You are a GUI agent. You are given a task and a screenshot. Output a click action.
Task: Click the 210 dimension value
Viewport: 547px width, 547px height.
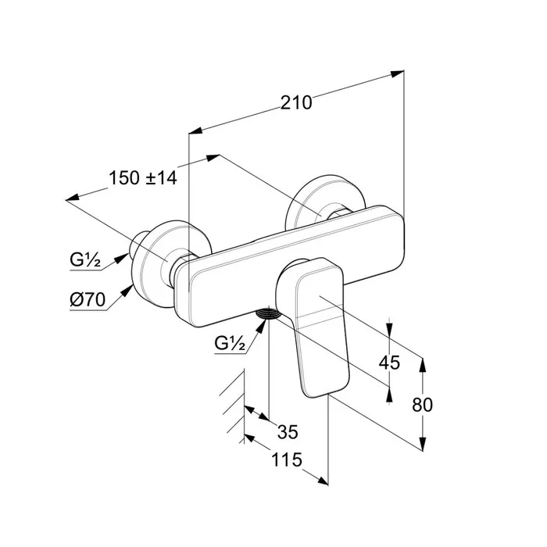(296, 103)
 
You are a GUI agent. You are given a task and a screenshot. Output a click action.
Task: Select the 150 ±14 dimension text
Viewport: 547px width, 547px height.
(143, 177)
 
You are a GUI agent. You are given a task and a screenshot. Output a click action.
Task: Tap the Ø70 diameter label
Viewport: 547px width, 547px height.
(88, 299)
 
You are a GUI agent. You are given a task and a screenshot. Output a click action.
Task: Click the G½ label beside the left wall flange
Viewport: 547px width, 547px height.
(85, 259)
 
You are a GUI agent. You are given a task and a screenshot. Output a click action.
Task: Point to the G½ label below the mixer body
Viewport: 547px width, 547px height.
(230, 343)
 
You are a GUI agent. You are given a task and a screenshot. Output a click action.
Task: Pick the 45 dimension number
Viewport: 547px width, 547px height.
(389, 363)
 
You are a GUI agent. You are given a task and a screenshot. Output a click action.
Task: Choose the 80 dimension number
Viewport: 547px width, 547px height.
(422, 405)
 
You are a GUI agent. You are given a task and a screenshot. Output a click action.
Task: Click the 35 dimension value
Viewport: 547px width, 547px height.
(288, 432)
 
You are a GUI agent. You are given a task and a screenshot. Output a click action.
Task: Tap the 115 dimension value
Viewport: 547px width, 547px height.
(287, 459)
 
